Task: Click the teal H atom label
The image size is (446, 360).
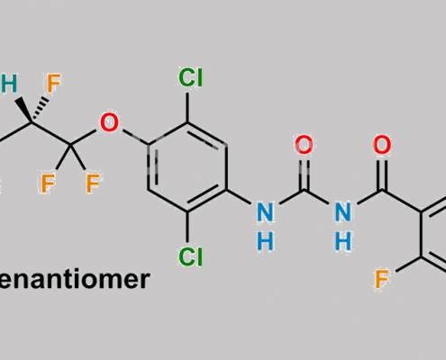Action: pos(9,84)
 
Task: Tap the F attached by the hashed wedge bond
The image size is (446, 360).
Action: pos(54,83)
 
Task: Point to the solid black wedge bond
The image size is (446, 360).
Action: pos(23,109)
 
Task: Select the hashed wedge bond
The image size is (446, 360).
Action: pos(41,110)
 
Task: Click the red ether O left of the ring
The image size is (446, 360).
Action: pos(109,122)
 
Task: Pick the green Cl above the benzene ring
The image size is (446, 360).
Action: pos(191,77)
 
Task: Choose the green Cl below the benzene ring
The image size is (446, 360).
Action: pos(191,256)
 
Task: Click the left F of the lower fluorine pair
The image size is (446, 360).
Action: pos(48,184)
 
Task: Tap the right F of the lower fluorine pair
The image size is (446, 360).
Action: pos(93,184)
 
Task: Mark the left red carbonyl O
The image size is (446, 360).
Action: pos(304,145)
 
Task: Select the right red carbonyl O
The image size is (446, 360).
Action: pos(382,145)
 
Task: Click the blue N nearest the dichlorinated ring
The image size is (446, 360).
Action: pos(266,212)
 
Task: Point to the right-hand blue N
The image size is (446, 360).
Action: pos(343,212)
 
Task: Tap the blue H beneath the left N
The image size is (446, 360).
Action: pos(266,241)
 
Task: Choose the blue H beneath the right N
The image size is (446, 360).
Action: pos(343,241)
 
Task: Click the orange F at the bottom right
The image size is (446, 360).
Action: pos(382,279)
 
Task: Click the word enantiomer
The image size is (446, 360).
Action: pos(73,279)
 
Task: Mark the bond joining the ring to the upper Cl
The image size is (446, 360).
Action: pos(187,107)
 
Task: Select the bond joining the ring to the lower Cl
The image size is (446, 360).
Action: pos(187,227)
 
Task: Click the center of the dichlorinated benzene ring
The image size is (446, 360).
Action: pos(187,167)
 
